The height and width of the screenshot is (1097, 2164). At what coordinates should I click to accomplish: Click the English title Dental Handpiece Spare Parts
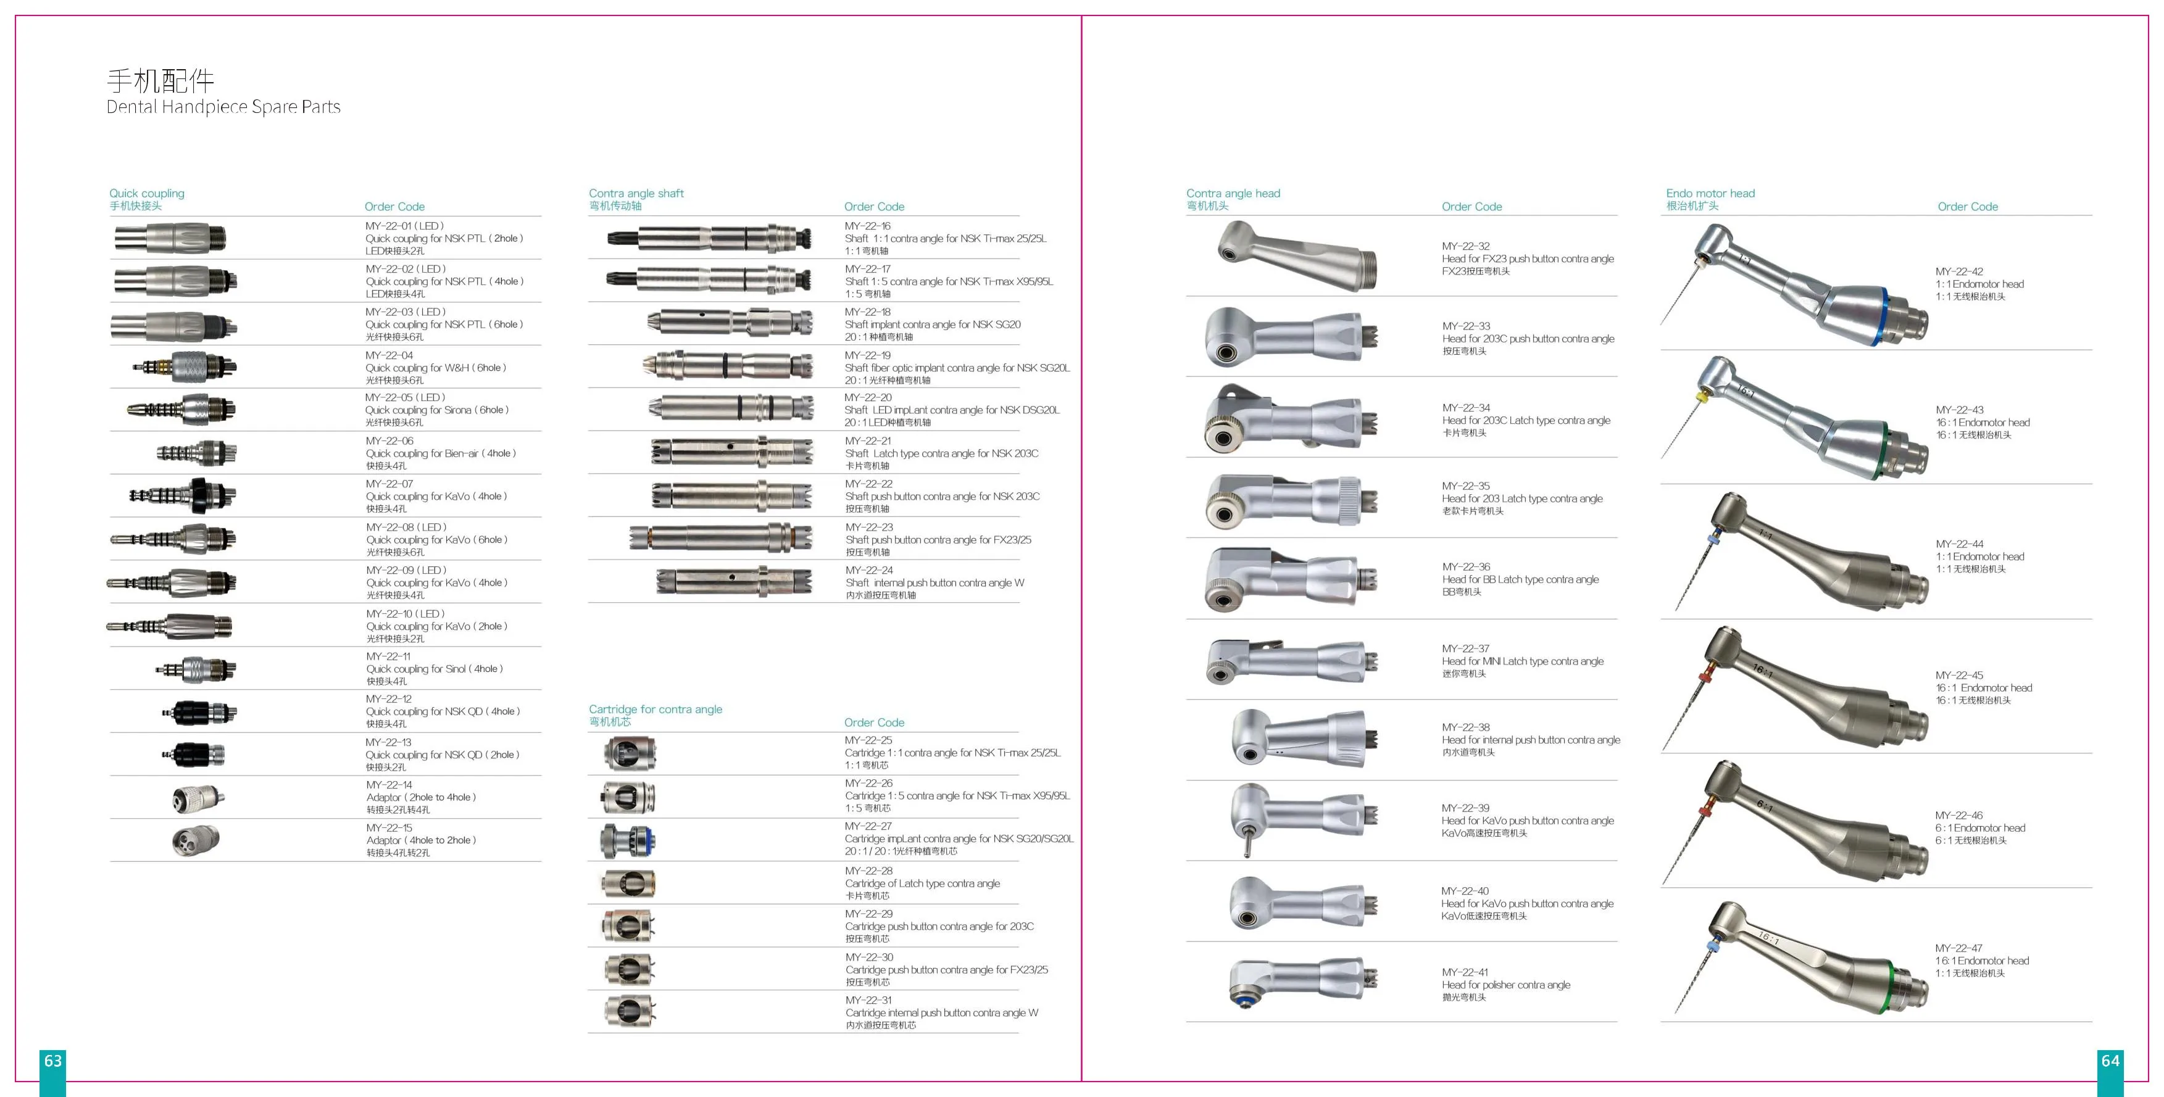coord(223,107)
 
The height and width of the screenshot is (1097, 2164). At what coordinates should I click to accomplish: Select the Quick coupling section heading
coord(147,193)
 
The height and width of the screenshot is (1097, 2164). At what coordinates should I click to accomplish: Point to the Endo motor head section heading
coord(1710,193)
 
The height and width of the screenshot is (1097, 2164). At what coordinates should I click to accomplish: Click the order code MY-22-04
coord(389,355)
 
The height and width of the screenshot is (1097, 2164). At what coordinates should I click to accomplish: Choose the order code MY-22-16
coord(868,226)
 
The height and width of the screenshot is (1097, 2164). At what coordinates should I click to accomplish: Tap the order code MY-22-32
coord(1466,246)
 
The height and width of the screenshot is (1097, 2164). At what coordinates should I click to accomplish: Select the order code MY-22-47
coord(1959,948)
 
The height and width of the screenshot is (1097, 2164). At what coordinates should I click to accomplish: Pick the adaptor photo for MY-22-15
coord(196,840)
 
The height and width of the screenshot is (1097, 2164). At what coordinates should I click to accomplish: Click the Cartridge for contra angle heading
coord(655,709)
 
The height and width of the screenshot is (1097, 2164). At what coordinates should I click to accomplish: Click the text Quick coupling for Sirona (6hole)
coord(437,410)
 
